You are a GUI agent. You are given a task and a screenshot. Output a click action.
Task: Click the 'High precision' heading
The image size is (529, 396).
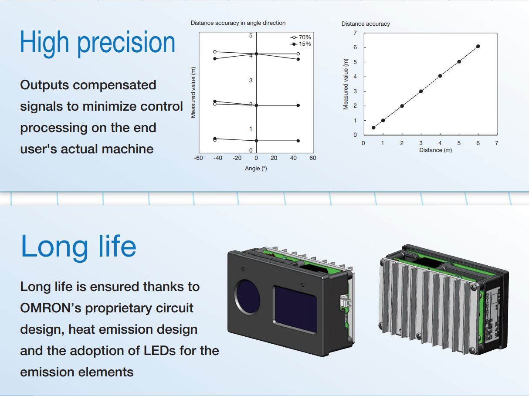[x=98, y=43]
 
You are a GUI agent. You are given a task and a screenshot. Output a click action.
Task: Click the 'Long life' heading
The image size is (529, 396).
[x=78, y=246]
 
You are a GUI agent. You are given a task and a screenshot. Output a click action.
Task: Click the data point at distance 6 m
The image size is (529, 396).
[x=478, y=46]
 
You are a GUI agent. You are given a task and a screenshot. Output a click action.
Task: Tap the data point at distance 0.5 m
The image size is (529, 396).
[x=373, y=128]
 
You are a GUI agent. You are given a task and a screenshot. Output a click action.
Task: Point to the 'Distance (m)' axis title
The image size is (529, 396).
[x=435, y=150]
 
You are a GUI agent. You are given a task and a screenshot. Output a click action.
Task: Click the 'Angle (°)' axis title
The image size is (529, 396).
[x=256, y=169]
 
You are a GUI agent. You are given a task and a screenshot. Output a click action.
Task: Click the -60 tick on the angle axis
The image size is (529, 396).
[x=198, y=158]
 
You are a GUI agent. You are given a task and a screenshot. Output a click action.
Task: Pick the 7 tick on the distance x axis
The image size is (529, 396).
[x=497, y=143]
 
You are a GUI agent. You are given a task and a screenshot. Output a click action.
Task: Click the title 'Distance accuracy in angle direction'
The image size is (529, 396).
[x=238, y=23]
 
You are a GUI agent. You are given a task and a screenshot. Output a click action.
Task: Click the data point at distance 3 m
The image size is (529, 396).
[x=421, y=91]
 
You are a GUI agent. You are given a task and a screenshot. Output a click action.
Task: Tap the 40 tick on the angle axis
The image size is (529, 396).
[x=294, y=158]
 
